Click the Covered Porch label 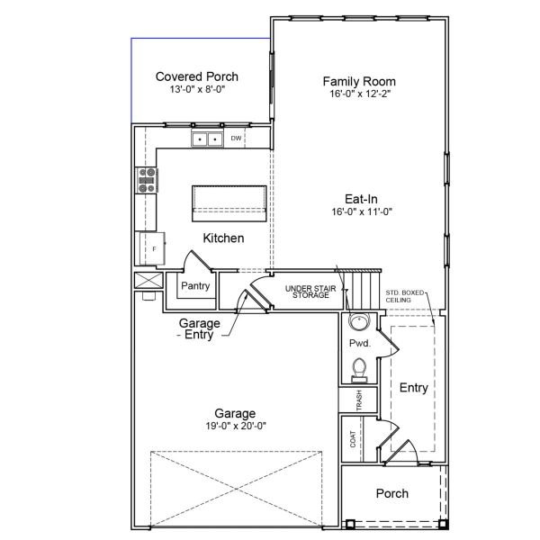point(196,76)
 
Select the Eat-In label point(359,198)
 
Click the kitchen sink point(207,139)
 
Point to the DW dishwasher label point(236,139)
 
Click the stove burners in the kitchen point(147,181)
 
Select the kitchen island point(229,202)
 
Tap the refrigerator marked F point(151,247)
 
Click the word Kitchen point(223,238)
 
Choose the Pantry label point(195,286)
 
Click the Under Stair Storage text point(309,292)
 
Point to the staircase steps point(364,290)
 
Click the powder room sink point(358,323)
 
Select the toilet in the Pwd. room point(358,368)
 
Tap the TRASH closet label point(358,399)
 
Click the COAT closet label point(354,439)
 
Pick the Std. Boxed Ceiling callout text point(405,296)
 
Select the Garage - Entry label point(199,328)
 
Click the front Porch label point(391,493)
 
